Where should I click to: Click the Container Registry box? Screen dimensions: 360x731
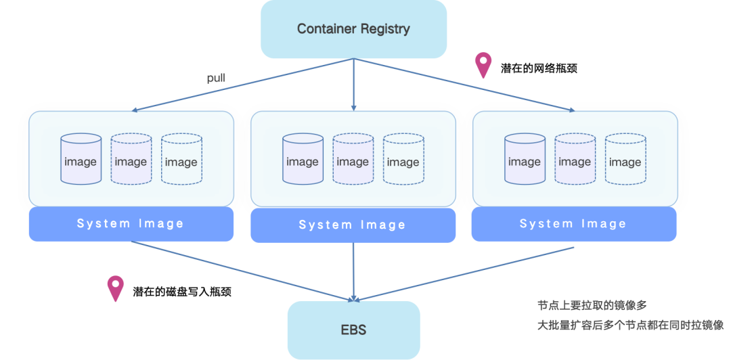[353, 29]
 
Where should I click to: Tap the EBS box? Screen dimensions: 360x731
[353, 330]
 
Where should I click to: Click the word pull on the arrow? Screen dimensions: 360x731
[216, 78]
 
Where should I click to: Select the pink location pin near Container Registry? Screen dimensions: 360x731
[483, 64]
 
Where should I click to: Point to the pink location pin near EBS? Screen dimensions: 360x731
[116, 288]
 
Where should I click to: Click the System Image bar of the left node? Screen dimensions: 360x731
[131, 224]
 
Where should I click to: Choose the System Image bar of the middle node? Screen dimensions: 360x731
[353, 225]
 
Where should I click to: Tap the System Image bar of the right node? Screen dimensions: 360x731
[573, 224]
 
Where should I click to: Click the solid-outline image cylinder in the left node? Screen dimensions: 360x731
[81, 160]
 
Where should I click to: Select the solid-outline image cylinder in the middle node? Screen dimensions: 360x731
[303, 160]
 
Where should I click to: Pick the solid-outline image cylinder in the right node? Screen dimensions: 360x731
[525, 160]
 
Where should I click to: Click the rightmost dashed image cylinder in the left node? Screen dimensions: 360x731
[181, 160]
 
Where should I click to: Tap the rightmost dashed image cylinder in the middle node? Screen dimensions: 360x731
[403, 160]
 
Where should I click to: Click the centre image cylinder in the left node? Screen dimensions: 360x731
[131, 160]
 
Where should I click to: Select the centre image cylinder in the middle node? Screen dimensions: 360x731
[353, 160]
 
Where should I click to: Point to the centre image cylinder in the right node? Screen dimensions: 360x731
[575, 160]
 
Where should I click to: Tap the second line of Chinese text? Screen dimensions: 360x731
[630, 325]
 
